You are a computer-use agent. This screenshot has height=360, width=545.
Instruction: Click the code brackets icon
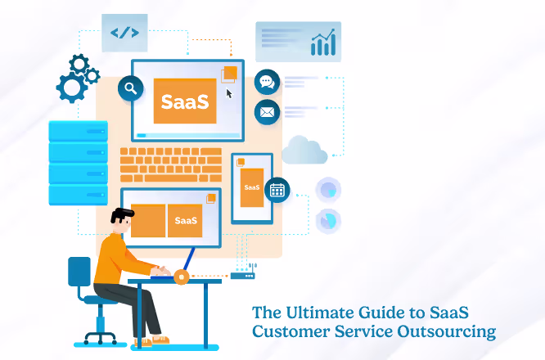124,33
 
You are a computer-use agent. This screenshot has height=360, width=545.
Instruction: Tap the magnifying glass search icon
130,87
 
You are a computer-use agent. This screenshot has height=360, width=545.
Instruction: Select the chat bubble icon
267,82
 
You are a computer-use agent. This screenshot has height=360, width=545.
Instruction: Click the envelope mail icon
267,111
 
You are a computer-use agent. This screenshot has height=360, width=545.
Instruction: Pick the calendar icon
277,190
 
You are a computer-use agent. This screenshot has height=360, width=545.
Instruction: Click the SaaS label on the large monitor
185,102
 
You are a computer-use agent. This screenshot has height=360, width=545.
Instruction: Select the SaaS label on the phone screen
251,187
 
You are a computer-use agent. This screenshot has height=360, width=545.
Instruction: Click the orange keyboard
171,164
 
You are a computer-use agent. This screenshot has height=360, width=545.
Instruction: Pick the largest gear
72,85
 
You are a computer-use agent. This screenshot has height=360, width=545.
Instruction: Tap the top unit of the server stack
78,131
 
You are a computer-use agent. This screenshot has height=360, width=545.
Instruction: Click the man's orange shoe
160,339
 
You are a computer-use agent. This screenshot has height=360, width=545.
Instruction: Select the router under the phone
242,276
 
